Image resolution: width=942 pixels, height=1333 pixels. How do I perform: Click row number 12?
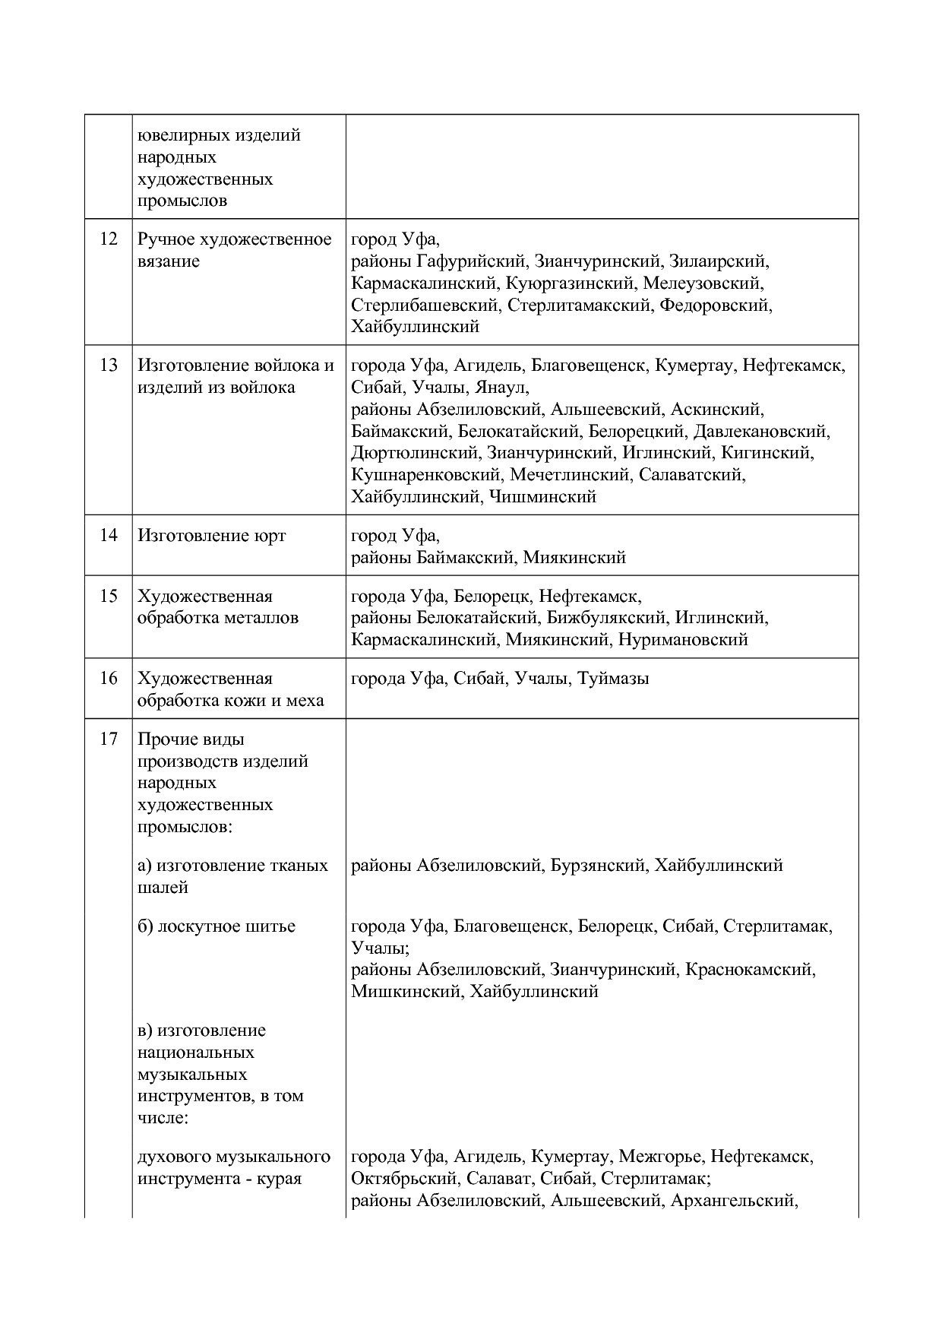point(109,239)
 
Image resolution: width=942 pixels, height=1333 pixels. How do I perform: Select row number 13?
point(109,366)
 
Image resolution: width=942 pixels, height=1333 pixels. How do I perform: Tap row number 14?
point(109,536)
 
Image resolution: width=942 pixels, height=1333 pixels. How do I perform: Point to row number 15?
point(109,597)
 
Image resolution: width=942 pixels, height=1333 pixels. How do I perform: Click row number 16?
point(109,679)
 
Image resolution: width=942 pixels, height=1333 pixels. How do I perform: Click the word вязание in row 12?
point(169,261)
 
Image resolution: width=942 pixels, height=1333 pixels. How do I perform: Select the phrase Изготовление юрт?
point(212,536)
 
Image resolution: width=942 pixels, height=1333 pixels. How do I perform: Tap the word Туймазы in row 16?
point(613,679)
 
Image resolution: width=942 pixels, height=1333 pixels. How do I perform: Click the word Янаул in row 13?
point(501,388)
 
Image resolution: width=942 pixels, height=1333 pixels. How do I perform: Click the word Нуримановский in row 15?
point(683,640)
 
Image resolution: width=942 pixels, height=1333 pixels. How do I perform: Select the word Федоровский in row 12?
point(715,306)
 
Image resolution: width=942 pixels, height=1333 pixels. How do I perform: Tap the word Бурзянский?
point(598,866)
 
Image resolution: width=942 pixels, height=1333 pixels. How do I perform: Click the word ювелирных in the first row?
point(176,135)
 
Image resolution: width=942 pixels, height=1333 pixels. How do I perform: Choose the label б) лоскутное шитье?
point(217,926)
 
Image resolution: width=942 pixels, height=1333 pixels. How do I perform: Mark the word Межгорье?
point(660,1157)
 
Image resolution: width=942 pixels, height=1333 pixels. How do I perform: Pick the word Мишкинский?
point(406,992)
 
